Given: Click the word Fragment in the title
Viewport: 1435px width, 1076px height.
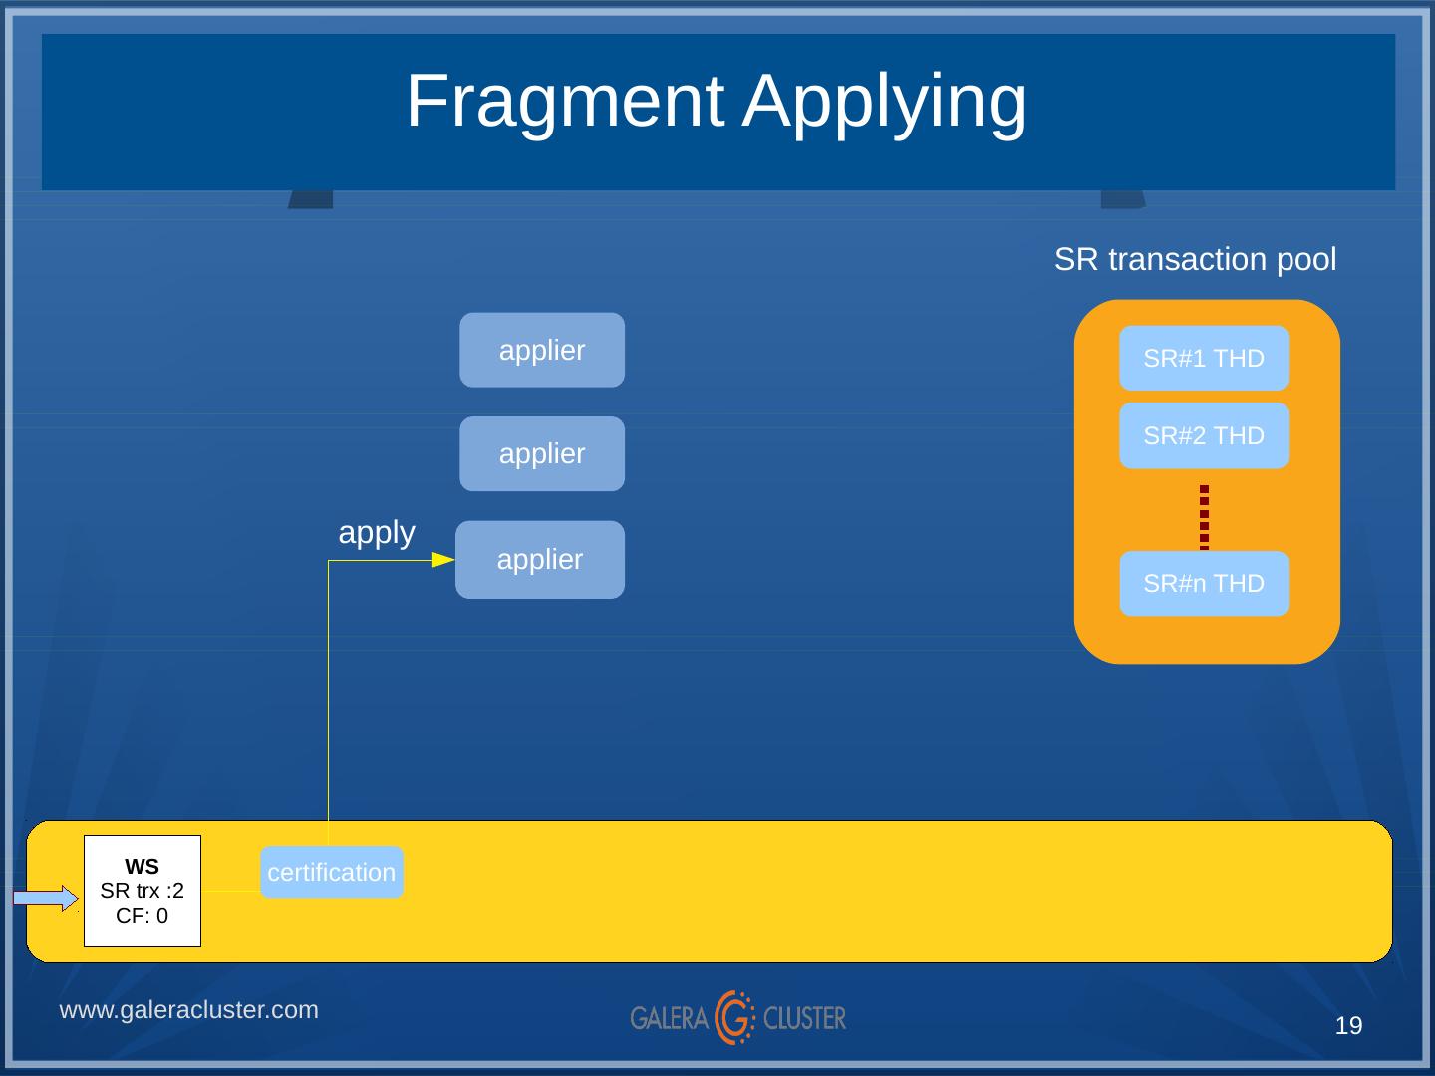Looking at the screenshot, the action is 565,102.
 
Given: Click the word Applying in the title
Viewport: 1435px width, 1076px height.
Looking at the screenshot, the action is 885,105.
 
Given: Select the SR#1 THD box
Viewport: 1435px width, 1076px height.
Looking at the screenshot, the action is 1204,358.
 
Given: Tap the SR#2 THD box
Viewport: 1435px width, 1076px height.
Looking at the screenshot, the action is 1204,435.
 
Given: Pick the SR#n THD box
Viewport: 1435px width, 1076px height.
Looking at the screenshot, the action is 1204,584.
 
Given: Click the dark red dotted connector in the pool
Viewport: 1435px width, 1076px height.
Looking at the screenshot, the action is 1204,517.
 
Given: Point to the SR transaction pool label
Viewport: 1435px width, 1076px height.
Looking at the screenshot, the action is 1195,259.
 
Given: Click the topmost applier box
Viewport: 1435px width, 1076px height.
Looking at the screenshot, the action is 542,350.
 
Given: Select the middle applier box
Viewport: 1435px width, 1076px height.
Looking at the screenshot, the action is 542,454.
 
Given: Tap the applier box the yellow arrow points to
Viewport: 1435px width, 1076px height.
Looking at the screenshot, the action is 540,560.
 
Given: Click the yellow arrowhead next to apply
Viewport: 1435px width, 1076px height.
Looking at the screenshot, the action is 443,560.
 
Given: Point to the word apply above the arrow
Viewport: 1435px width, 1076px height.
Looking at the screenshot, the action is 377,534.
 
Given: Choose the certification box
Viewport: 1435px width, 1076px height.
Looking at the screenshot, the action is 332,872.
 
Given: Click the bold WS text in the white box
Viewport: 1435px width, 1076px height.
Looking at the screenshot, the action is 142,867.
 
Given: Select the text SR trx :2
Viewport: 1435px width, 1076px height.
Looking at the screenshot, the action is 142,891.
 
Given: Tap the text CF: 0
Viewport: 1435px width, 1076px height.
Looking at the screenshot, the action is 142,916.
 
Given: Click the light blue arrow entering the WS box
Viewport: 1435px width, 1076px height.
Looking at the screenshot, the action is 46,898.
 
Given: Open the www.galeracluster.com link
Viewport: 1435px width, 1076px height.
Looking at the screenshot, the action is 189,1010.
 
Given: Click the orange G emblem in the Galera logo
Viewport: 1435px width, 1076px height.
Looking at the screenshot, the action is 734,1017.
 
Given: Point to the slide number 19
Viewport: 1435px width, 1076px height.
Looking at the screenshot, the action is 1348,1026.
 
